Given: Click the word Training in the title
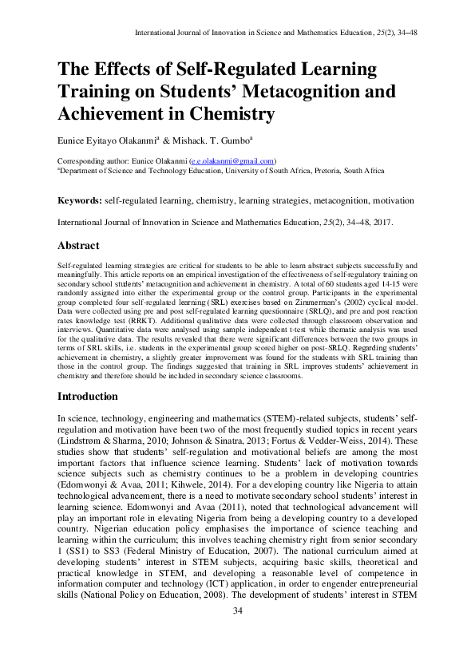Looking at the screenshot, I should (x=92, y=92).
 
